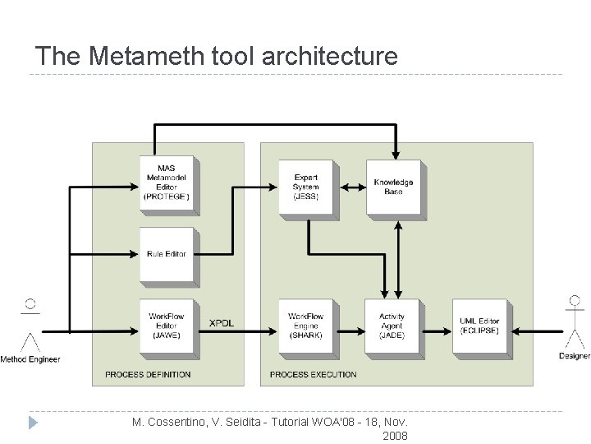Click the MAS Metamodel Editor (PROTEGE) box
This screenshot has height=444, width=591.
167,183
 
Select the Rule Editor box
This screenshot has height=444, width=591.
167,255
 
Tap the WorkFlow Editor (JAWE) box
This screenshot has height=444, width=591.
167,326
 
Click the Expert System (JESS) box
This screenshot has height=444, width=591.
305,187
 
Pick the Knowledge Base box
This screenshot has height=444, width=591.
393,187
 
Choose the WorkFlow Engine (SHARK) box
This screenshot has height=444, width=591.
305,326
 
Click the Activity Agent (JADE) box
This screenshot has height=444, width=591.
392,326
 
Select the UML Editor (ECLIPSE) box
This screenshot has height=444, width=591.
479,326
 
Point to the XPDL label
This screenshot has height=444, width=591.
222,323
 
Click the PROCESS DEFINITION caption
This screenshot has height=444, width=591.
148,375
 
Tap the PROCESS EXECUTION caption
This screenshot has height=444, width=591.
314,375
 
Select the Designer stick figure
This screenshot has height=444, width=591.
575,321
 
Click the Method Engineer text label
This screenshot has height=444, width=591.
30,359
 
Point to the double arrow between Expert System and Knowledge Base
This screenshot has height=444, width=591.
353,187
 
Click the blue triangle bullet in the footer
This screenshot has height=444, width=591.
33,423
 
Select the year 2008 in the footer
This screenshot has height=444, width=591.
395,436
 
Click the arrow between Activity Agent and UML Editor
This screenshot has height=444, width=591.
439,332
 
